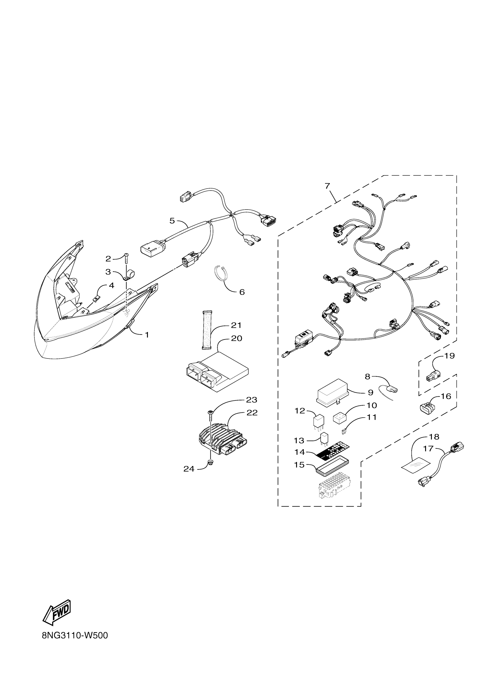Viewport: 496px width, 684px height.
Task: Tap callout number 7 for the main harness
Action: (328, 186)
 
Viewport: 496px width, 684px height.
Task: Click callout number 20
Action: (237, 339)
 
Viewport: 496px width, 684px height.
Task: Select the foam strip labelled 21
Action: (206, 330)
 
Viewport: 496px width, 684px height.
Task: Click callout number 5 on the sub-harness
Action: (172, 221)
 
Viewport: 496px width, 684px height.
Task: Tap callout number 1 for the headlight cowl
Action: (147, 335)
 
